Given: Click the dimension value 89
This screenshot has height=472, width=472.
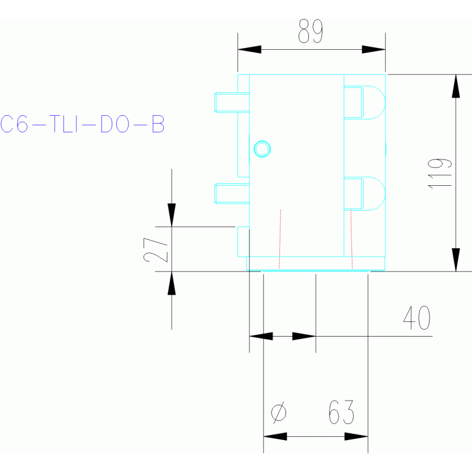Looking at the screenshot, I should pos(310,31).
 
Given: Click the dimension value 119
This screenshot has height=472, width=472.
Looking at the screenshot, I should pos(439,173).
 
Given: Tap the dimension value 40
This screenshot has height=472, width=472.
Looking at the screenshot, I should pos(416,318).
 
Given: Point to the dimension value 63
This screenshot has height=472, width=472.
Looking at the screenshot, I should pos(341,412).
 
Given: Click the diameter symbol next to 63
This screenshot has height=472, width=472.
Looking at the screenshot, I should pos(278,412).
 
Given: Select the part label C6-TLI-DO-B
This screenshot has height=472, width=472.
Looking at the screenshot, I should pos(82,125).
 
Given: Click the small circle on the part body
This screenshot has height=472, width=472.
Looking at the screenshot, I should pos(262,148).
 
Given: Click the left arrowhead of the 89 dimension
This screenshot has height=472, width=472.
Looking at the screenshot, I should pos(249,49).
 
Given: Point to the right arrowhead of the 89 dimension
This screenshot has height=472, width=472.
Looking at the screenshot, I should pos(374,49).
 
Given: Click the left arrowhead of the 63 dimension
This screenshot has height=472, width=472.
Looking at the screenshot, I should pos(275,436).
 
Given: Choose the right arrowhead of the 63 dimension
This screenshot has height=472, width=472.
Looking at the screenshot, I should pos(356,436).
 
